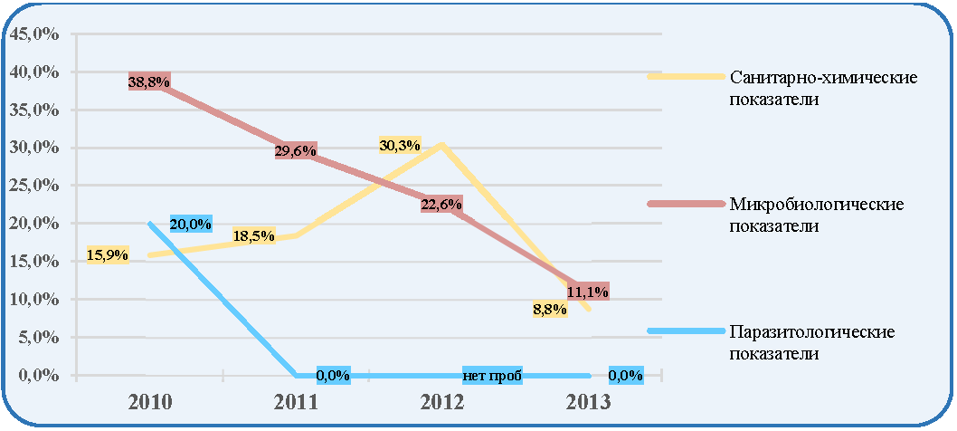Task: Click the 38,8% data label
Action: coord(149,81)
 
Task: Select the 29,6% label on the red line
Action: coord(296,151)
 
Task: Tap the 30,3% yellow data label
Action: coord(399,145)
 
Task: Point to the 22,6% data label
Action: coord(441,205)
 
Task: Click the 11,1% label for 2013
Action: coord(588,292)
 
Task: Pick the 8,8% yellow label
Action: coord(550,310)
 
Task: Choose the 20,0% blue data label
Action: coord(191,224)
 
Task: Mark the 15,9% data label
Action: coord(108,254)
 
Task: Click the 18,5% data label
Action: coord(253,235)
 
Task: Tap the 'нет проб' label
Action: coord(492,376)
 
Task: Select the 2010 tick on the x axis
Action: coord(150,403)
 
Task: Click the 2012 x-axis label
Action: coord(442,403)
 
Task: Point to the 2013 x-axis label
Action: coord(588,403)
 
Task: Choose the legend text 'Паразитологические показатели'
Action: coord(812,343)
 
